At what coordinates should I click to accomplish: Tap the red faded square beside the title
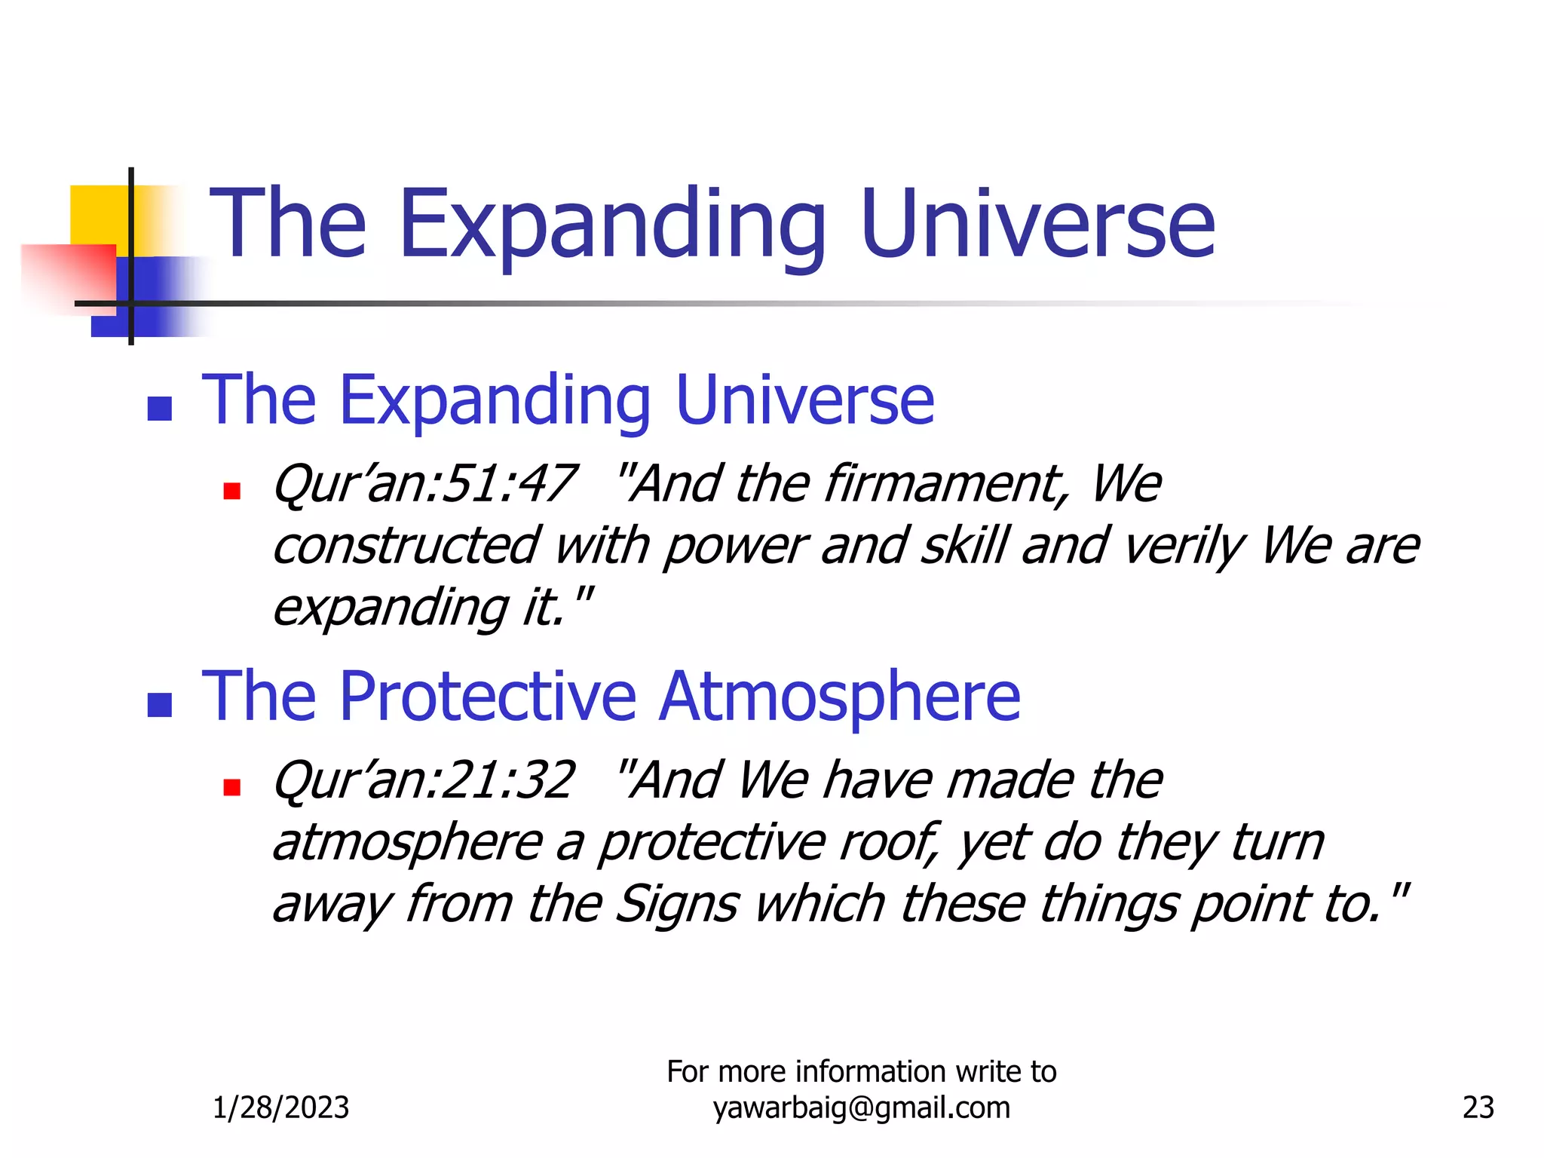[x=68, y=275]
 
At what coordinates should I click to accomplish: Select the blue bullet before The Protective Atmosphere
[x=160, y=705]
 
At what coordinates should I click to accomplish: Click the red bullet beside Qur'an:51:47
[x=231, y=492]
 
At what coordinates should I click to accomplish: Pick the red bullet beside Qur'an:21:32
[x=231, y=788]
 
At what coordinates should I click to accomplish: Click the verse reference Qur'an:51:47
[x=424, y=484]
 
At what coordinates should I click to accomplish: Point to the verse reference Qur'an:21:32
[x=424, y=780]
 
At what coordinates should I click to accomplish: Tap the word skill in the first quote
[x=963, y=546]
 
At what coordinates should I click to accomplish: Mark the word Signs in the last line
[x=676, y=904]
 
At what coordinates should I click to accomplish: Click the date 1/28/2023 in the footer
[x=280, y=1107]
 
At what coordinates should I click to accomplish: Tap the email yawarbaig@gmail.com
[x=861, y=1107]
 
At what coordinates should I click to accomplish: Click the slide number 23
[x=1478, y=1107]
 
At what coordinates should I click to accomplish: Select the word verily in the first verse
[x=1181, y=546]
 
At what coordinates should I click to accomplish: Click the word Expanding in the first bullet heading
[x=495, y=400]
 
